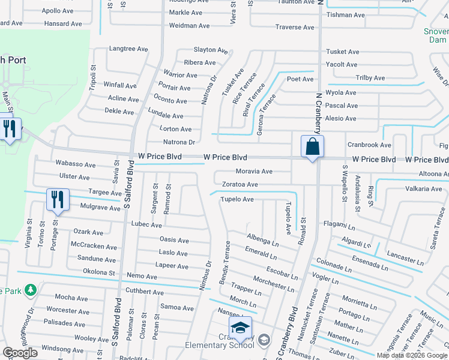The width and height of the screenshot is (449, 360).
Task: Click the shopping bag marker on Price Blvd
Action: pos(312,147)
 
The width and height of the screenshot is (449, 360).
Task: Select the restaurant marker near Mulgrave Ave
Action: pos(57,200)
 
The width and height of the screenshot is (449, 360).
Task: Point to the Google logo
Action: pos(20,353)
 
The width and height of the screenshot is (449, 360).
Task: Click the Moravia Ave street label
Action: pos(255,172)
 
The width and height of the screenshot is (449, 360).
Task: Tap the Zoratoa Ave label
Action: pos(240,185)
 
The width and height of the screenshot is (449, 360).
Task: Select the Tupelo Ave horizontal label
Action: pos(237,199)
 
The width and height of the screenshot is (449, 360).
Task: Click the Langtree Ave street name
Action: pos(128,49)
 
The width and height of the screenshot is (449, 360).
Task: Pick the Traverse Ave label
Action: pos(295,27)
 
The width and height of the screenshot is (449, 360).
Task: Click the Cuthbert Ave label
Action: pos(145,293)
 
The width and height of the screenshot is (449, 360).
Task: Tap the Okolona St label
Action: pos(98,272)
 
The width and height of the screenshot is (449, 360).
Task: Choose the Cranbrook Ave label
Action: pos(369,145)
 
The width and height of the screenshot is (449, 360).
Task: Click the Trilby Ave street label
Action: pos(370,78)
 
